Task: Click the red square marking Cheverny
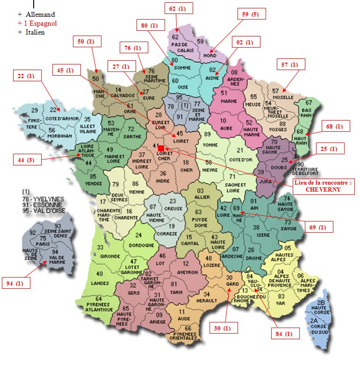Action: tap(161, 149)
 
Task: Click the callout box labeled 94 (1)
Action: tap(15, 283)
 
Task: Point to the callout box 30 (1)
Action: tap(223, 328)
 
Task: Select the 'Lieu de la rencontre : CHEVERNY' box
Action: tap(323, 186)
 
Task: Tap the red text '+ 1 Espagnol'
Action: tap(37, 23)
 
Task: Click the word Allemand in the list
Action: tap(40, 15)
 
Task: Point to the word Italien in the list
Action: tap(36, 32)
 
